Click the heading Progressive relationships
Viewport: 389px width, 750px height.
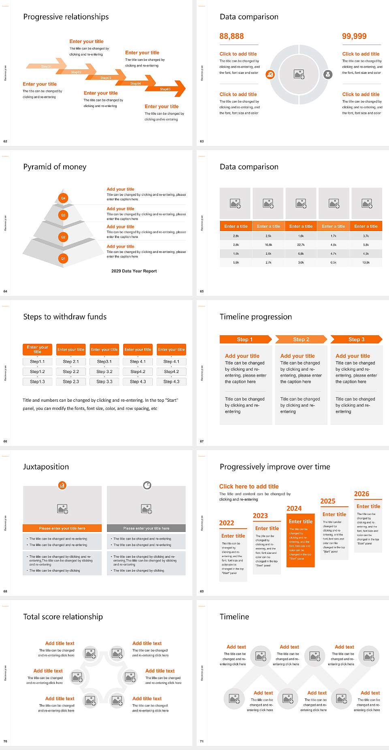click(66, 17)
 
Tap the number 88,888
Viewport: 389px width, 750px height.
click(231, 36)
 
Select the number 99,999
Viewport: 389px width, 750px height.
click(354, 36)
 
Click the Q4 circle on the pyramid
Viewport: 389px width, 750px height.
click(63, 198)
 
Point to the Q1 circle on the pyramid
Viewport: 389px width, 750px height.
click(63, 258)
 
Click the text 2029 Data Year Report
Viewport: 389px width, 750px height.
click(134, 271)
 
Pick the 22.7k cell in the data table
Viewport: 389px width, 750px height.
click(301, 244)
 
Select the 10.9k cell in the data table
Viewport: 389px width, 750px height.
click(366, 262)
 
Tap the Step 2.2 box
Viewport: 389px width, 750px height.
click(71, 371)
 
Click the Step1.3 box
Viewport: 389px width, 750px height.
click(37, 381)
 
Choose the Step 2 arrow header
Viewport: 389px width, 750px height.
click(301, 339)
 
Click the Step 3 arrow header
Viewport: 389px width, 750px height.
click(356, 339)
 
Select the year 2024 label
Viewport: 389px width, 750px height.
click(294, 508)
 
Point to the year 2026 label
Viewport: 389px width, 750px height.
click(361, 494)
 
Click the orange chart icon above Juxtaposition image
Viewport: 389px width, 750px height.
click(62, 485)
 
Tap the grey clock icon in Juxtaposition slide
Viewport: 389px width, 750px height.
click(147, 485)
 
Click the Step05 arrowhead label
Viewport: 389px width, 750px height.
click(165, 89)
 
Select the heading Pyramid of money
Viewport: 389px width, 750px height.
click(55, 167)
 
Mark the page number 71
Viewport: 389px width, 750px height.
click(202, 741)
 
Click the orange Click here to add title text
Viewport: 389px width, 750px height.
click(249, 486)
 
